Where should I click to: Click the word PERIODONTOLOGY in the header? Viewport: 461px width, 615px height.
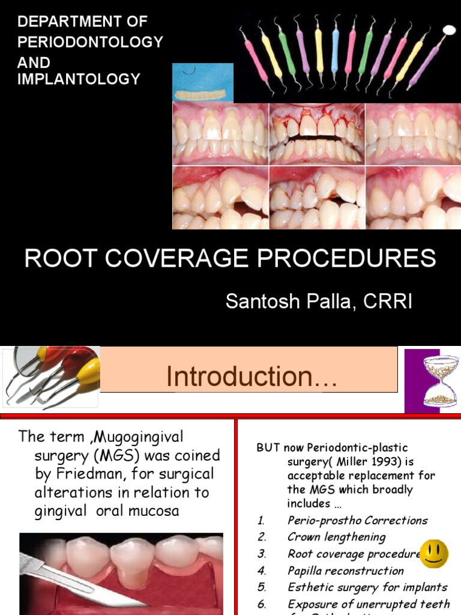click(x=90, y=42)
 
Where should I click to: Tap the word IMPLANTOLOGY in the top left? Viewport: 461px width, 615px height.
click(x=79, y=79)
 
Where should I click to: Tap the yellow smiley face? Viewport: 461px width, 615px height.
click(x=433, y=554)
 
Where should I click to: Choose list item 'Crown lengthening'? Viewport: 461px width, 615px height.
click(x=336, y=537)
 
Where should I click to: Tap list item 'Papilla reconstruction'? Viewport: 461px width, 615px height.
click(x=345, y=571)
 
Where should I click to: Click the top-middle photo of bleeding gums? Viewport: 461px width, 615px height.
click(x=316, y=135)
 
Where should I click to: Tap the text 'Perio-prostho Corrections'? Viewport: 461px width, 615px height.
click(x=357, y=520)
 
